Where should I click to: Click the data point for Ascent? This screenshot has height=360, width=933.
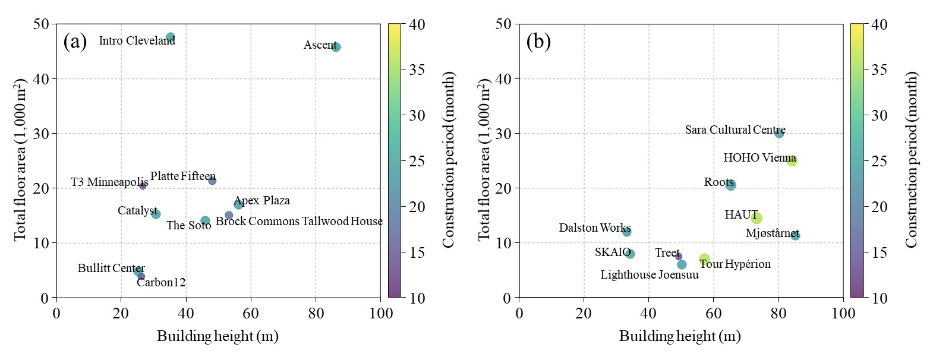(336, 47)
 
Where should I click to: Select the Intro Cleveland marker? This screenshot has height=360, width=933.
(171, 37)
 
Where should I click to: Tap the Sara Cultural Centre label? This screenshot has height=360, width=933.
(735, 130)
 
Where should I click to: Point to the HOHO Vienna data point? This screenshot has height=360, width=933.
(792, 160)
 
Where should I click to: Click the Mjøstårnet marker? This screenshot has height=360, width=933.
(795, 236)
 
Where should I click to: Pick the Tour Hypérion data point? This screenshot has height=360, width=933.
(705, 259)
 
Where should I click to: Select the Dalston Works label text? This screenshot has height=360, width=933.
(594, 228)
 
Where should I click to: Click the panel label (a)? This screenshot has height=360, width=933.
(75, 42)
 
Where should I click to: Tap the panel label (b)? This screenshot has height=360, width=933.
(538, 42)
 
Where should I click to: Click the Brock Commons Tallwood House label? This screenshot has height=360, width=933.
(299, 222)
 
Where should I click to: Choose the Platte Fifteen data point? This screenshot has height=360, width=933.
(212, 181)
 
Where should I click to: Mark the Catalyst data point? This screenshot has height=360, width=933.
(156, 214)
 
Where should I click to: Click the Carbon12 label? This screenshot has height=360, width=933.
(161, 283)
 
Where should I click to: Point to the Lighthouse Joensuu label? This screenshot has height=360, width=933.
(650, 275)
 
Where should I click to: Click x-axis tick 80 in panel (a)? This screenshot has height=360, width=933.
(316, 313)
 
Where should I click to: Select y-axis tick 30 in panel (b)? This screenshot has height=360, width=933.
(503, 134)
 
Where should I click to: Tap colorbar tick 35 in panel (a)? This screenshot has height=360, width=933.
(417, 70)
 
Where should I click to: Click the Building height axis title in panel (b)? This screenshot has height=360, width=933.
(680, 336)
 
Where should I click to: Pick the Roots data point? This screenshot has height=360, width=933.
(730, 185)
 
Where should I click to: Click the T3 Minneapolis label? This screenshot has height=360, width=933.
(109, 182)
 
